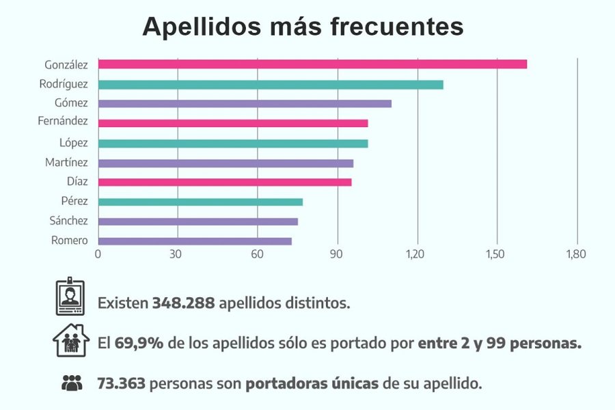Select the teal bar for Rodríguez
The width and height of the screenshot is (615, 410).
271,85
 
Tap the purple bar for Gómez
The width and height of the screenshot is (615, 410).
245,104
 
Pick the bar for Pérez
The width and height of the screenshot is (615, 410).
200,202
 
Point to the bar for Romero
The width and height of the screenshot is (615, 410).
195,241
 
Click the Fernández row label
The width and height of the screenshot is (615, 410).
63,122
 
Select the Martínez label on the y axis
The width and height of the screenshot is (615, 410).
66,163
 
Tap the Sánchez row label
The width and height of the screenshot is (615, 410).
68,221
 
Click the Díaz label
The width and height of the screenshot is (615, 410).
76,182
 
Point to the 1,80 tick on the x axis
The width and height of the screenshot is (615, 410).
576,254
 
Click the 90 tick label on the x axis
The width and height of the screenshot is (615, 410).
337,254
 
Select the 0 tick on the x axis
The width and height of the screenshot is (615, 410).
98,254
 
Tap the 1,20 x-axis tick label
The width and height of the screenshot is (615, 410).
416,254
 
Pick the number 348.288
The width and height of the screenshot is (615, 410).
183,303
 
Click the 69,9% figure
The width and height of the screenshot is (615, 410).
139,343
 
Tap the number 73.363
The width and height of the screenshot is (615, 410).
121,383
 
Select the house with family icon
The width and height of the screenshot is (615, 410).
71,340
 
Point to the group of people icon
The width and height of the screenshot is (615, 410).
71,383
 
